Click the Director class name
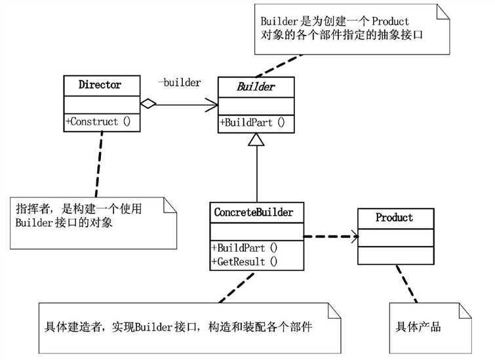[x=100, y=85]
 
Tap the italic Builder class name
[x=256, y=87]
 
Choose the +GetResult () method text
[x=245, y=262]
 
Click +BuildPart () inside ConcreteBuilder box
[x=245, y=248]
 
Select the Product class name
[x=394, y=217]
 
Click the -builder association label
[x=179, y=83]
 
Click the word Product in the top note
[x=390, y=21]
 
